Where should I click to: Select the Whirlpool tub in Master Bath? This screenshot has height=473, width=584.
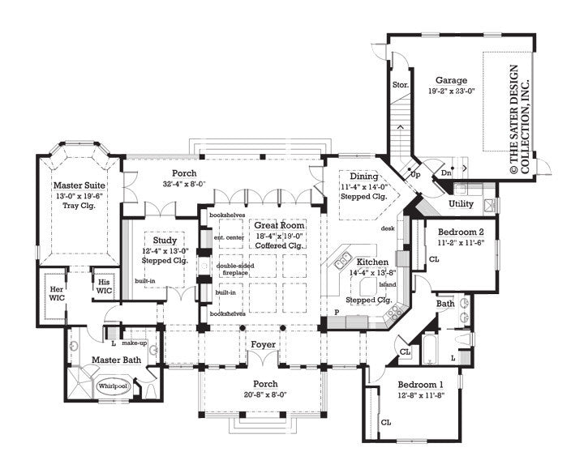click(113, 386)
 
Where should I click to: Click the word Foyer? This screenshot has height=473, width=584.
click(264, 345)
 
